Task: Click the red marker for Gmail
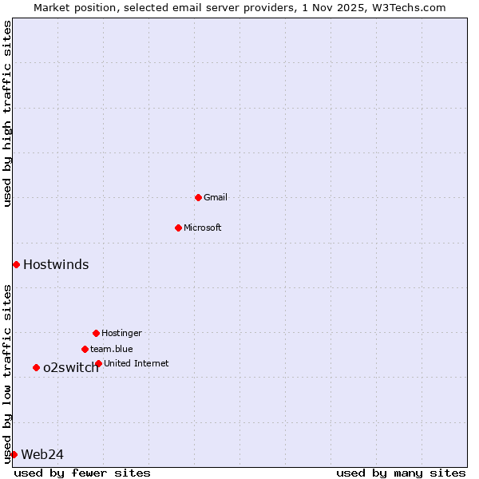(198, 197)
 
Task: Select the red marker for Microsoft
(178, 228)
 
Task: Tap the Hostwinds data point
(16, 264)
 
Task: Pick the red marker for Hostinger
(96, 333)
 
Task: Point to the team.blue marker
(85, 349)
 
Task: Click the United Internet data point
(98, 363)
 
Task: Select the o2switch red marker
(36, 367)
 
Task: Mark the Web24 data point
(14, 454)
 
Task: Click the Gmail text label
(216, 197)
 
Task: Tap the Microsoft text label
(203, 228)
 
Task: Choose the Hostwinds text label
(56, 264)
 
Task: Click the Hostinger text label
(121, 333)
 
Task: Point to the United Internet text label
(137, 363)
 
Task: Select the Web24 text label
(42, 454)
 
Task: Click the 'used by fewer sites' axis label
(82, 473)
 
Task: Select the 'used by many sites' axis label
(401, 473)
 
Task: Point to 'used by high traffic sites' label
(7, 113)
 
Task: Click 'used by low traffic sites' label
(7, 374)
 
